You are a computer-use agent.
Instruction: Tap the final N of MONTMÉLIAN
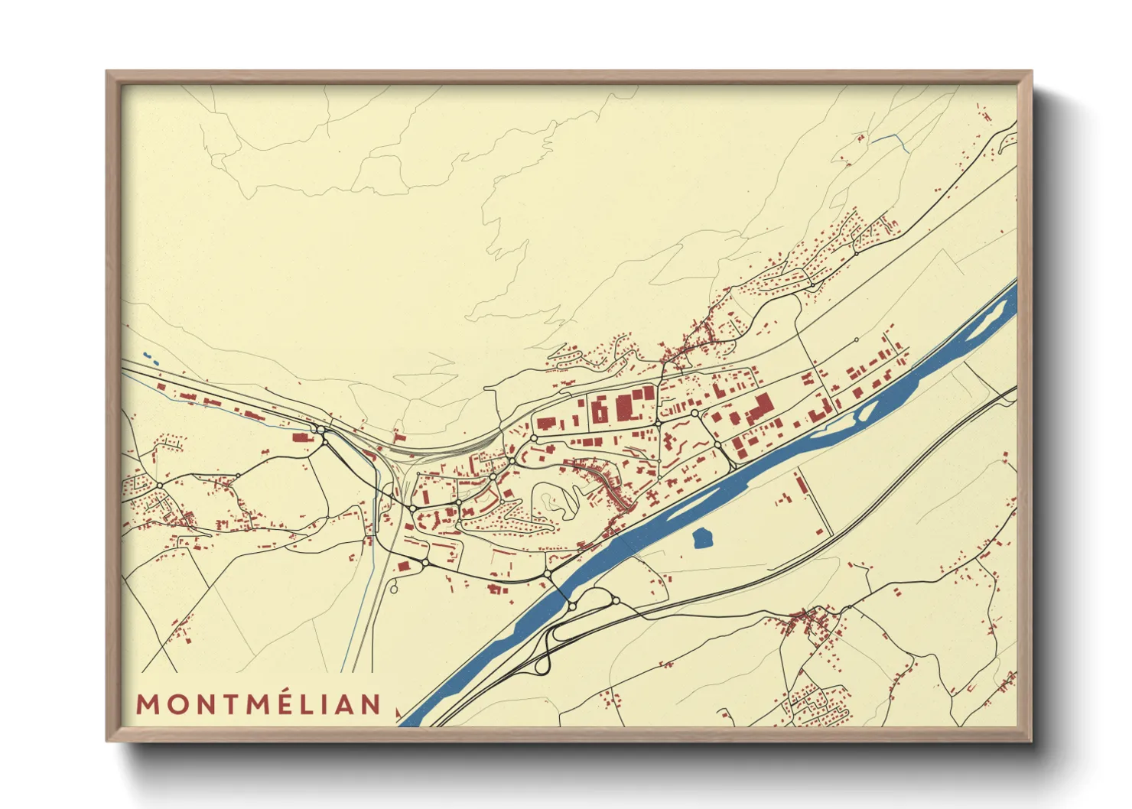coord(372,704)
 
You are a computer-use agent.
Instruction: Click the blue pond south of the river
coord(702,539)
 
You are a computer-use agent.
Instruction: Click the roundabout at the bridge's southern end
coord(572,606)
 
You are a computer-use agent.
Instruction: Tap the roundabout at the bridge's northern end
coord(548,573)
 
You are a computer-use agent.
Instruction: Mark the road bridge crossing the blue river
coord(560,590)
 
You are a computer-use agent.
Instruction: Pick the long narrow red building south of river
coord(801,483)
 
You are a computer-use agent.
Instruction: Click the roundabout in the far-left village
coord(159,486)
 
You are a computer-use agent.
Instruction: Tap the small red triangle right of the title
coord(398,713)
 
